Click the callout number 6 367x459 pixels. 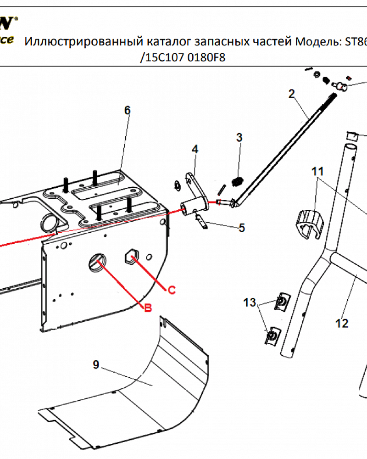pos(127,111)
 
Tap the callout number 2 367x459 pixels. pos(291,94)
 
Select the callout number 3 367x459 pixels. pos(239,137)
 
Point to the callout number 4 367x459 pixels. pos(195,149)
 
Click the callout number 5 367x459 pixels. pos(242,228)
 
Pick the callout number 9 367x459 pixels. pos(96,364)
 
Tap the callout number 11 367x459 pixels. pos(318,172)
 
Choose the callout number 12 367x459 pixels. pos(342,323)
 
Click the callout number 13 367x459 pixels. pos(250,302)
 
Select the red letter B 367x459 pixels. pos(148,308)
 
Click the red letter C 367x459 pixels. pos(171,290)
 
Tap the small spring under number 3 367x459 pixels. pos(237,182)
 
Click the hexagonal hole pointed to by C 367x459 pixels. pos(130,258)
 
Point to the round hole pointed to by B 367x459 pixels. pos(97,263)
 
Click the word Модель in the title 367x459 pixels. pos(316,42)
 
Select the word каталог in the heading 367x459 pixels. pos(167,43)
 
